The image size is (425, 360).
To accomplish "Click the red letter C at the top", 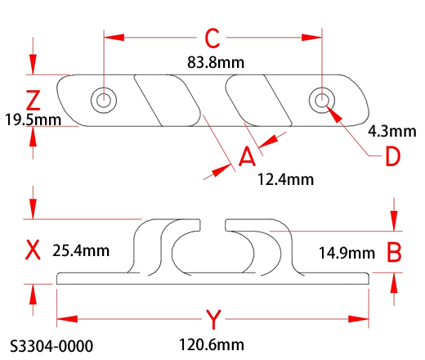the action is click(x=212, y=38).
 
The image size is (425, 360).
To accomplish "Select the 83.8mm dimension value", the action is click(x=216, y=62).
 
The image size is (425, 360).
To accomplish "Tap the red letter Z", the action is click(x=33, y=101).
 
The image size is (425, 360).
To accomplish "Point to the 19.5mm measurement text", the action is click(x=33, y=120).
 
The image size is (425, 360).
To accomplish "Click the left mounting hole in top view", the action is click(x=104, y=101).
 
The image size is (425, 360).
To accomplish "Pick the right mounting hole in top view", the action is click(x=322, y=101).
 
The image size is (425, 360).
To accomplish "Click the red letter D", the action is click(x=393, y=156).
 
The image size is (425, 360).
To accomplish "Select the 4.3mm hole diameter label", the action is click(x=392, y=132).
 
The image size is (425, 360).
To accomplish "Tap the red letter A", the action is click(x=247, y=156).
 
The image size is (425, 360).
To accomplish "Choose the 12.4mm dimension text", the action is click(x=285, y=180).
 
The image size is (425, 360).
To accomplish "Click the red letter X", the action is click(x=33, y=250).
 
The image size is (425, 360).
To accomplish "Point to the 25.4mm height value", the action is click(x=81, y=250).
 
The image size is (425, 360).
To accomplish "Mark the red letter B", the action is click(x=394, y=252).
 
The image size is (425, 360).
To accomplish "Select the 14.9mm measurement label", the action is click(x=347, y=253).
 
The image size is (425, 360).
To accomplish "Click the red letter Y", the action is click(x=213, y=319).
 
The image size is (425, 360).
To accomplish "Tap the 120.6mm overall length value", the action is click(x=212, y=344).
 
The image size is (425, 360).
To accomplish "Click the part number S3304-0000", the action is click(x=51, y=346).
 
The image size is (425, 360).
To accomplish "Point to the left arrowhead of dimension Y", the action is click(x=67, y=319).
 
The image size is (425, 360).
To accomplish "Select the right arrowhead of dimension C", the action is click(x=311, y=38).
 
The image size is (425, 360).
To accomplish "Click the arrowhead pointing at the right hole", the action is click(x=334, y=115).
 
